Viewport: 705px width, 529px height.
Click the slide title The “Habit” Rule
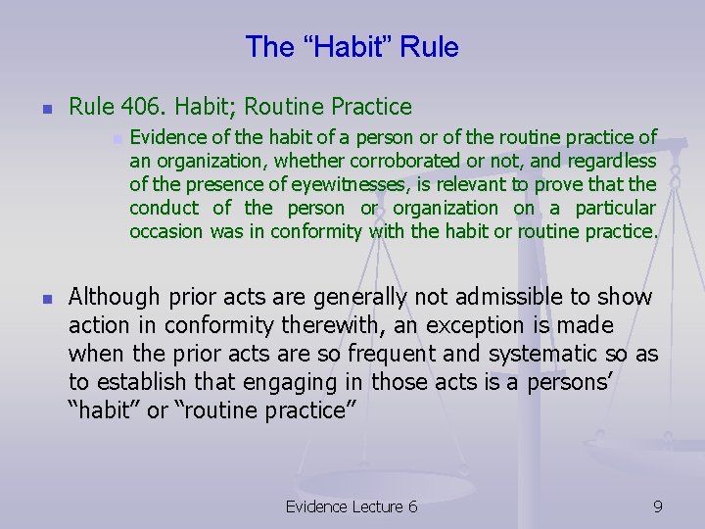352,46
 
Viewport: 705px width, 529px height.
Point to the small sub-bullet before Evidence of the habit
116,137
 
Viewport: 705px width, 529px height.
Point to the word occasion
166,231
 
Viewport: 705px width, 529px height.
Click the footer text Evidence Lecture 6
352,505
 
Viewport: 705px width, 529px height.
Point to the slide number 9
658,505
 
